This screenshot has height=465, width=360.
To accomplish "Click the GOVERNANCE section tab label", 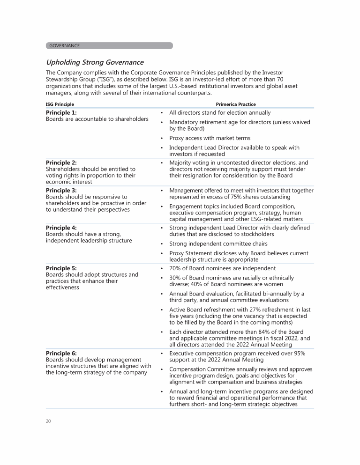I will click(x=65, y=46).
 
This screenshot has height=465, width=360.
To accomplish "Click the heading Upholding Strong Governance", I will click(x=95, y=62).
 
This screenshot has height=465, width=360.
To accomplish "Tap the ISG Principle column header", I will click(x=60, y=104).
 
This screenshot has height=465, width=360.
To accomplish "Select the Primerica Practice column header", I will click(x=236, y=104).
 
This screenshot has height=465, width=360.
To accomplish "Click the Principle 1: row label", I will click(x=61, y=113).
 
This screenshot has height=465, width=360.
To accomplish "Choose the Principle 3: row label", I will click(x=61, y=191).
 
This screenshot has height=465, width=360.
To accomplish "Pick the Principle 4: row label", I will click(x=61, y=228).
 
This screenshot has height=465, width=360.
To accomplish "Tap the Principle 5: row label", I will click(x=61, y=268).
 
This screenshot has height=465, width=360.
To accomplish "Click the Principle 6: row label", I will click(x=61, y=353).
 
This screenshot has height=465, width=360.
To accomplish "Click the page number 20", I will click(x=48, y=421).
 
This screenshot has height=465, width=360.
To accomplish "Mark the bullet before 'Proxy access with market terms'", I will click(x=161, y=139).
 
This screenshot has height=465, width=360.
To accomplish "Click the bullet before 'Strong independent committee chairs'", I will click(x=161, y=244).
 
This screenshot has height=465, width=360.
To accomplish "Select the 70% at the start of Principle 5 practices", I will click(x=176, y=269).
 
